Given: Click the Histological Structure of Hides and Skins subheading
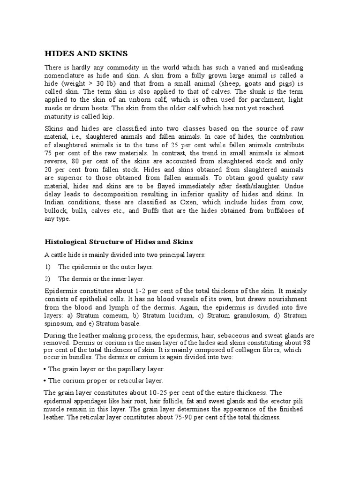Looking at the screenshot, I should tap(119, 242).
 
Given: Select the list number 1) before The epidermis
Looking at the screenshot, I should tap(47, 266).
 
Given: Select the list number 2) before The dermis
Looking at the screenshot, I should tap(47, 278).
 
